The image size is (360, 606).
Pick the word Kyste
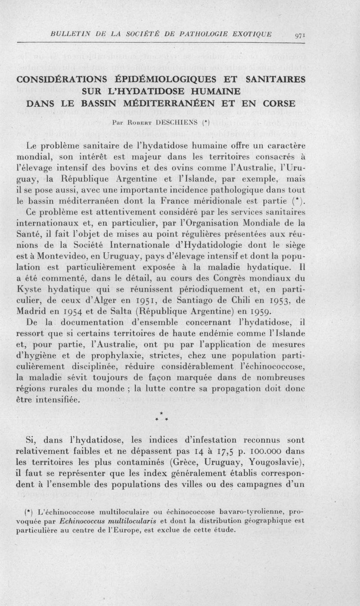pyautogui.click(x=28, y=289)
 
